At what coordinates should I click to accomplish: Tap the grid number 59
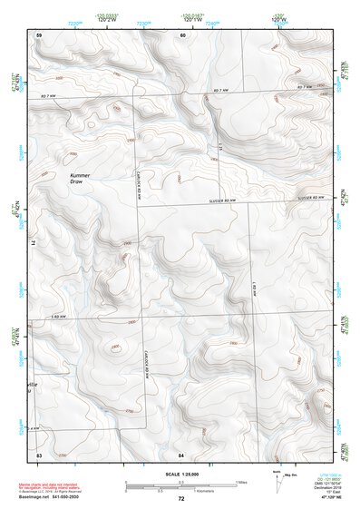click(39, 34)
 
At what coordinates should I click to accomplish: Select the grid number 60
click(182, 34)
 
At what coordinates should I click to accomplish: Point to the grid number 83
click(39, 452)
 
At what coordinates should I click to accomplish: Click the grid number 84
click(181, 452)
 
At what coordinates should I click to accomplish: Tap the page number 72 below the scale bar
click(180, 498)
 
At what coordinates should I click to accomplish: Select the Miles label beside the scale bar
click(241, 481)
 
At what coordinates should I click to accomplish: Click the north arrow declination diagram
click(278, 481)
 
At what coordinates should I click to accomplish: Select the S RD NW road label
click(63, 315)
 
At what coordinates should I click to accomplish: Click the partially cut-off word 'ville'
click(34, 385)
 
